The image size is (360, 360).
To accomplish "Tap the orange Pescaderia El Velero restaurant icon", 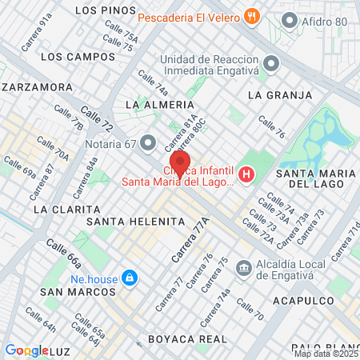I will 252,16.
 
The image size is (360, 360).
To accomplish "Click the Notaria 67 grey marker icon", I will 147,143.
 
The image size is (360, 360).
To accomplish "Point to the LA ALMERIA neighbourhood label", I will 160,105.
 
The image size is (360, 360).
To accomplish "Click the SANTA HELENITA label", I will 125,221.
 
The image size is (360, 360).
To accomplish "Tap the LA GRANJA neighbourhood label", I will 280,95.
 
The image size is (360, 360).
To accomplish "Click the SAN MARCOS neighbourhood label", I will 73,292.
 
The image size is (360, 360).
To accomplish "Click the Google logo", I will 26,350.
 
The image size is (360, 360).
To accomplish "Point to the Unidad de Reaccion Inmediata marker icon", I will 271,62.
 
